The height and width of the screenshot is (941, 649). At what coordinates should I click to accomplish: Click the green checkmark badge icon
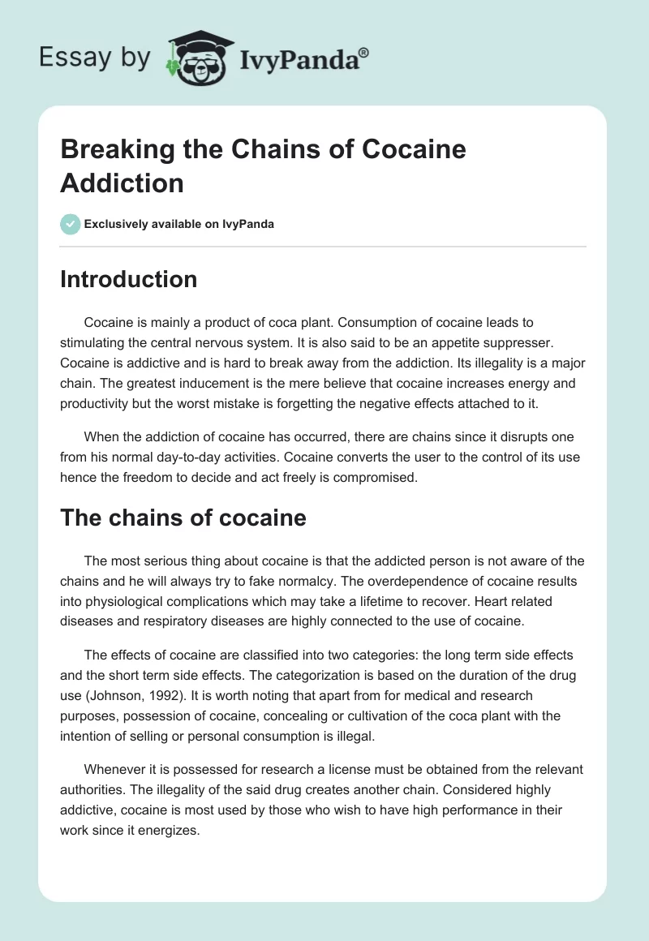[x=70, y=224]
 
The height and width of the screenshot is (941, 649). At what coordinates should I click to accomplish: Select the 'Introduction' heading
[x=128, y=279]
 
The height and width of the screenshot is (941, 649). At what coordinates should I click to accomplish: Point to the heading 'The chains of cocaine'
[x=183, y=518]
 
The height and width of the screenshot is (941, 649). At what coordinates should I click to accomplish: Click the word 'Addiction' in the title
[x=122, y=183]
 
